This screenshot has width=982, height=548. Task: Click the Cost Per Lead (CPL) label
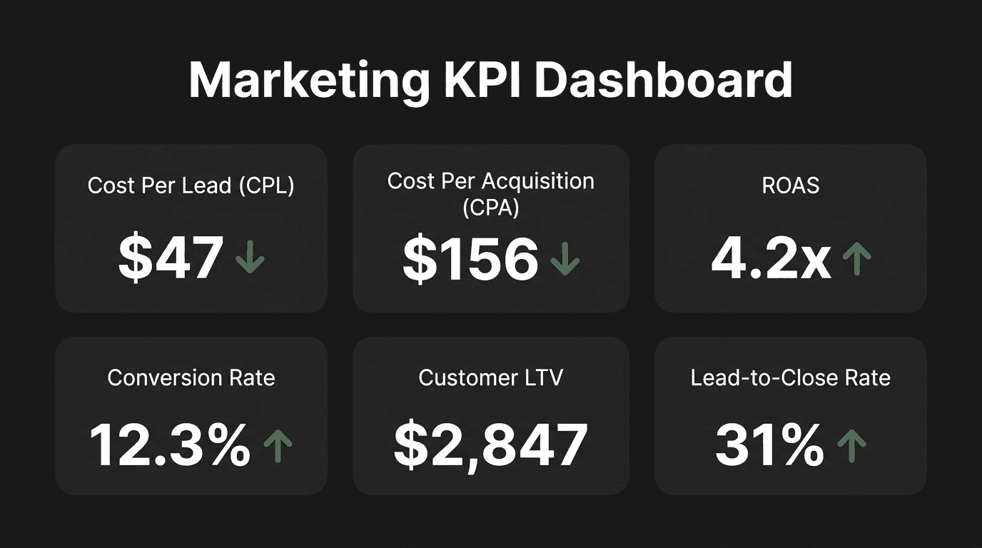tap(191, 186)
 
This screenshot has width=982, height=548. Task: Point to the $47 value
tap(171, 258)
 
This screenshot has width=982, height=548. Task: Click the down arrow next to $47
tap(250, 258)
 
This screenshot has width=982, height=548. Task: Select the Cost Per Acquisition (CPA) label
tap(490, 193)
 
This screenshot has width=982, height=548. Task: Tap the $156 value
tap(470, 259)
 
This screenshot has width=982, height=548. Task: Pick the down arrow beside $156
tap(565, 258)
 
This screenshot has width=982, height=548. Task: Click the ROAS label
tap(790, 186)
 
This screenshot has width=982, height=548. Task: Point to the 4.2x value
tap(771, 258)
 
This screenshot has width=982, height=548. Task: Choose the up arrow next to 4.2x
tap(857, 258)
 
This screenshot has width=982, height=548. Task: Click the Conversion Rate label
tap(191, 377)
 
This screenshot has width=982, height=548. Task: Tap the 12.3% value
tap(170, 445)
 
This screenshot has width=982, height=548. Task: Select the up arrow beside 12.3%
tap(278, 445)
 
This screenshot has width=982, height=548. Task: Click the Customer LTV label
tap(490, 377)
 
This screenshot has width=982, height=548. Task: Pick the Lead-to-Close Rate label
tap(790, 377)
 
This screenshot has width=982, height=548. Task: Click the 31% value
tap(769, 445)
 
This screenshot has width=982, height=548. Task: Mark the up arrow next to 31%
tap(851, 445)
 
